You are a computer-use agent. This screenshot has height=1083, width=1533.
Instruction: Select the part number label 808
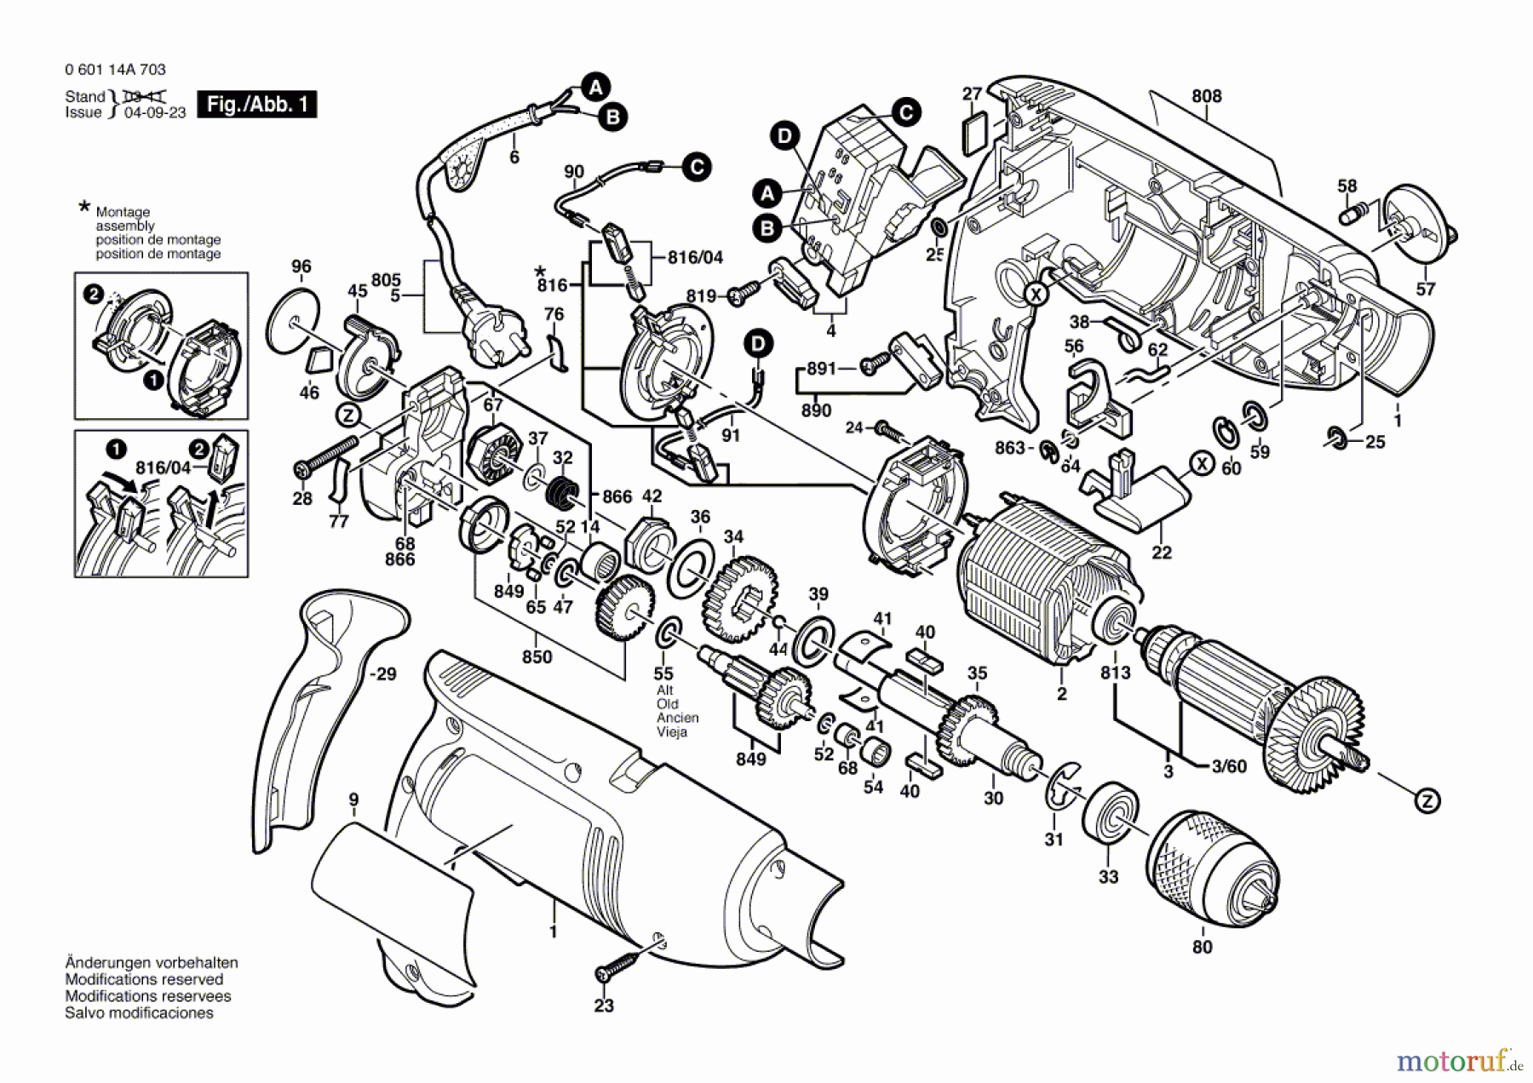[1207, 97]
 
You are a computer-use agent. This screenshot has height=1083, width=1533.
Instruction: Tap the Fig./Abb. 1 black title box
[256, 105]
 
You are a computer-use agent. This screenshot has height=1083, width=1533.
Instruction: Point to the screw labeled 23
[620, 968]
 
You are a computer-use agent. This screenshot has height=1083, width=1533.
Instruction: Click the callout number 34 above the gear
[733, 536]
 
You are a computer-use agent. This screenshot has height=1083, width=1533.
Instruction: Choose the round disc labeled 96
[293, 321]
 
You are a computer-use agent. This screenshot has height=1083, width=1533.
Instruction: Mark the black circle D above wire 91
[757, 345]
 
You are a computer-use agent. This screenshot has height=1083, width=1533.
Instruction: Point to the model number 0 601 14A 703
[115, 70]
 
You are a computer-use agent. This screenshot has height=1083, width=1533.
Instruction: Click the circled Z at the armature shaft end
[1427, 800]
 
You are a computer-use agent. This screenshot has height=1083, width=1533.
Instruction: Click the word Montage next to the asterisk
[123, 212]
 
